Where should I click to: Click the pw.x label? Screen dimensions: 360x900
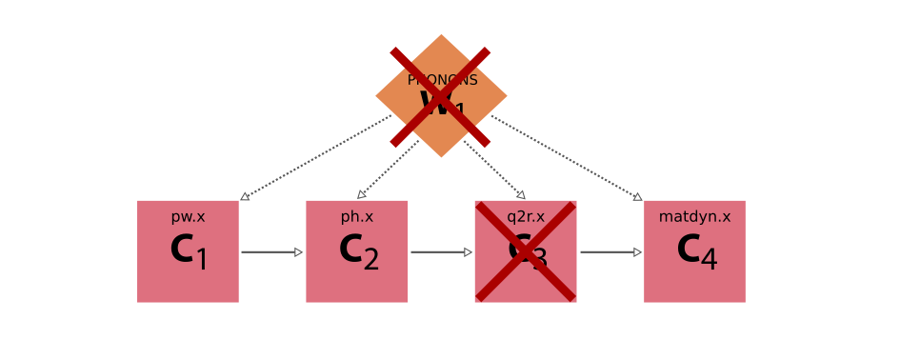pyautogui.click(x=188, y=217)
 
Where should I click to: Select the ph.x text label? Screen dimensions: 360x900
pyautogui.click(x=357, y=217)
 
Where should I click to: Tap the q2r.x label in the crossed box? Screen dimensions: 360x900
pyautogui.click(x=526, y=217)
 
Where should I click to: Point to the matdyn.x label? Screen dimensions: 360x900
pyautogui.click(x=694, y=217)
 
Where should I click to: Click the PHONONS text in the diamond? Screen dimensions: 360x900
pyautogui.click(x=442, y=80)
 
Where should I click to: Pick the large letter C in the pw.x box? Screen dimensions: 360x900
pyautogui.click(x=182, y=250)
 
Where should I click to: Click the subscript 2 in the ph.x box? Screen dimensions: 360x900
pyautogui.click(x=370, y=259)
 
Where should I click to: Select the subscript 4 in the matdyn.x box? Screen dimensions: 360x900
pyautogui.click(x=709, y=259)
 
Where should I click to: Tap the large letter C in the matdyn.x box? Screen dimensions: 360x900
pyautogui.click(x=689, y=250)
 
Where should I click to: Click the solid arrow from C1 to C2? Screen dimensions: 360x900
pyautogui.click(x=271, y=252)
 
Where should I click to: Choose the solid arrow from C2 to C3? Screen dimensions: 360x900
pyautogui.click(x=441, y=252)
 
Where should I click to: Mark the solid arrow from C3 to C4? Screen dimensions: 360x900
pyautogui.click(x=610, y=252)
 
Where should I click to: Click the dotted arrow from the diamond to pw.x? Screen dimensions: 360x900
pyautogui.click(x=314, y=158)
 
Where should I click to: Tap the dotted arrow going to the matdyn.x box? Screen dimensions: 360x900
pyautogui.click(x=568, y=158)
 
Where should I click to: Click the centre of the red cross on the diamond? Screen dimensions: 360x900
pyautogui.click(x=440, y=97)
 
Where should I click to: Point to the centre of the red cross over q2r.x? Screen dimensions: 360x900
pyautogui.click(x=526, y=251)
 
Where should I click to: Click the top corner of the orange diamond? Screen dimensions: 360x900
pyautogui.click(x=441, y=35)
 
